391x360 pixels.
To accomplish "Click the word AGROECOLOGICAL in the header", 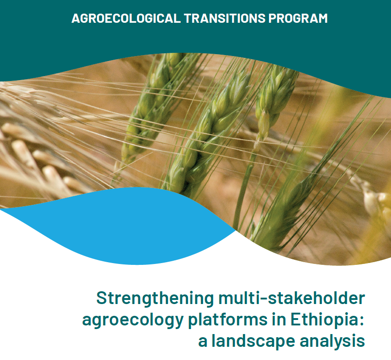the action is coord(126,18).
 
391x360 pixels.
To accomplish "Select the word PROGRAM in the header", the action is coord(298,18).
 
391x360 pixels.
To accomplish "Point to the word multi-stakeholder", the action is coord(292,298).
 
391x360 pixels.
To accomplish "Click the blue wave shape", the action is coord(120,227).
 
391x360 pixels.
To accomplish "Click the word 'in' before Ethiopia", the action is coord(279,319).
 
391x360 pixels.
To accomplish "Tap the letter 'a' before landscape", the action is coord(203,342).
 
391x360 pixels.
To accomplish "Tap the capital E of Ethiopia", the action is coord(296,319).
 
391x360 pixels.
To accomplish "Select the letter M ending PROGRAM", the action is coord(322,18).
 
